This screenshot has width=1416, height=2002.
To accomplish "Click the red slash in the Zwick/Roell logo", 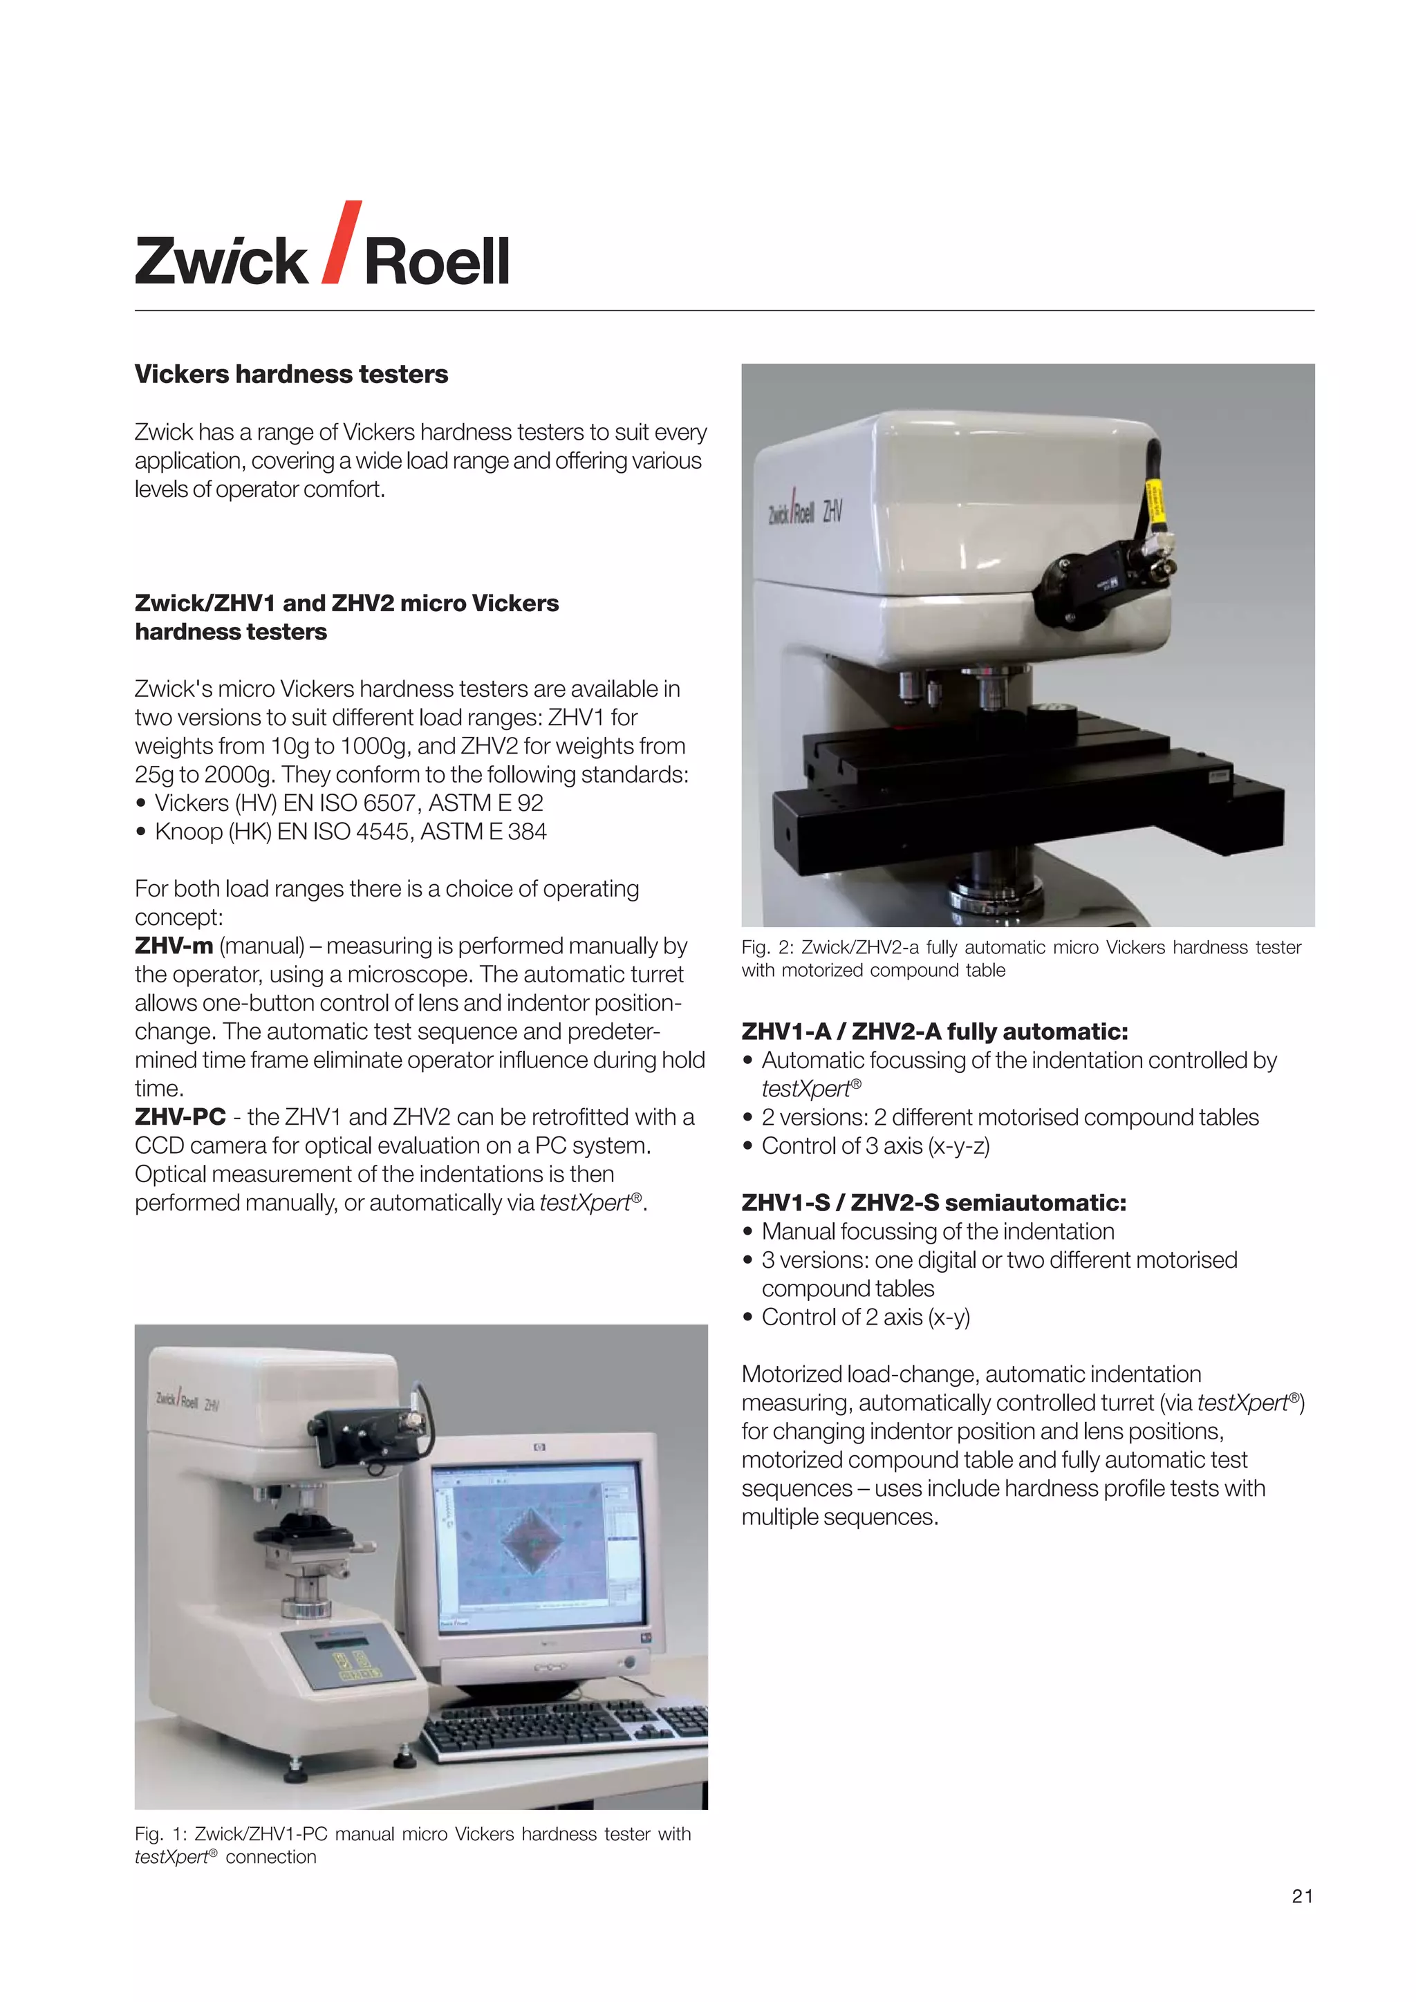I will (341, 243).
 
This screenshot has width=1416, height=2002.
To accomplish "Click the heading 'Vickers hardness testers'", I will (290, 374).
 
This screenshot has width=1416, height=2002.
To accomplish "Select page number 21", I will (1302, 1896).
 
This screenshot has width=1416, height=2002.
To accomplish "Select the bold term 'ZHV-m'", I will (174, 946).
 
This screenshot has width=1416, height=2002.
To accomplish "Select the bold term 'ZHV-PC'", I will (180, 1117).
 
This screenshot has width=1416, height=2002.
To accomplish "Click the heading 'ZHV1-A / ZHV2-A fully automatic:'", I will (934, 1031).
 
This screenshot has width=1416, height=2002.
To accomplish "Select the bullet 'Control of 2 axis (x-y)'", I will (865, 1317).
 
